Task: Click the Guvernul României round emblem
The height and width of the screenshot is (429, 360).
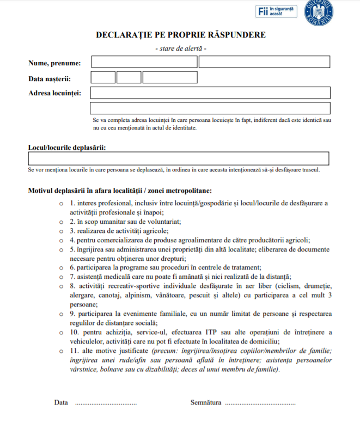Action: pyautogui.click(x=319, y=11)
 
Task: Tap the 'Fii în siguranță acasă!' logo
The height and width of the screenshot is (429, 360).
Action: pyautogui.click(x=276, y=11)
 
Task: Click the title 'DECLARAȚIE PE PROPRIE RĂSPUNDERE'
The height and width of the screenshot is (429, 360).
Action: pyautogui.click(x=181, y=35)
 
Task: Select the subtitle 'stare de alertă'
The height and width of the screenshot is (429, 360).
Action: pyautogui.click(x=181, y=48)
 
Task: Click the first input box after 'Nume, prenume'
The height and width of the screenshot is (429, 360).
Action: pyautogui.click(x=144, y=62)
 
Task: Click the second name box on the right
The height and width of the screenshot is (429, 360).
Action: pyautogui.click(x=264, y=62)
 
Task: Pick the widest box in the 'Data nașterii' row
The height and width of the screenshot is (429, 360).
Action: pyautogui.click(x=170, y=77)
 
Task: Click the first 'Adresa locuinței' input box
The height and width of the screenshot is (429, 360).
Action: pyautogui.click(x=210, y=93)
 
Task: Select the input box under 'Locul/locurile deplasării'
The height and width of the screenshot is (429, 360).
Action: pyautogui.click(x=179, y=158)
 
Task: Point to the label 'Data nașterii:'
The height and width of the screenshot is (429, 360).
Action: pyautogui.click(x=50, y=78)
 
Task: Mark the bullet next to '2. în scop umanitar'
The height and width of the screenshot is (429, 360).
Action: pyautogui.click(x=62, y=222)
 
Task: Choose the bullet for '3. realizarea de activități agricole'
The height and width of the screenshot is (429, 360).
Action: pyautogui.click(x=62, y=231)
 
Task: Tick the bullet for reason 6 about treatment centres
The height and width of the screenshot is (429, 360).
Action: pyautogui.click(x=62, y=267)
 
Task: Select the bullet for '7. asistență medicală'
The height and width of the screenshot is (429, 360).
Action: pyautogui.click(x=62, y=277)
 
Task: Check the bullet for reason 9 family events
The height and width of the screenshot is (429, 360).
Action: pyautogui.click(x=62, y=314)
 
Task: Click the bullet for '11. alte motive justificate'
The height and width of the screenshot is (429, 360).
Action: pyautogui.click(x=62, y=351)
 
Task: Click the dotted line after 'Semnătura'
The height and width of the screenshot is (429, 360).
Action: pyautogui.click(x=260, y=404)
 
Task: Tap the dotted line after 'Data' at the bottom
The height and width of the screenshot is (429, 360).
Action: pyautogui.click(x=106, y=404)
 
